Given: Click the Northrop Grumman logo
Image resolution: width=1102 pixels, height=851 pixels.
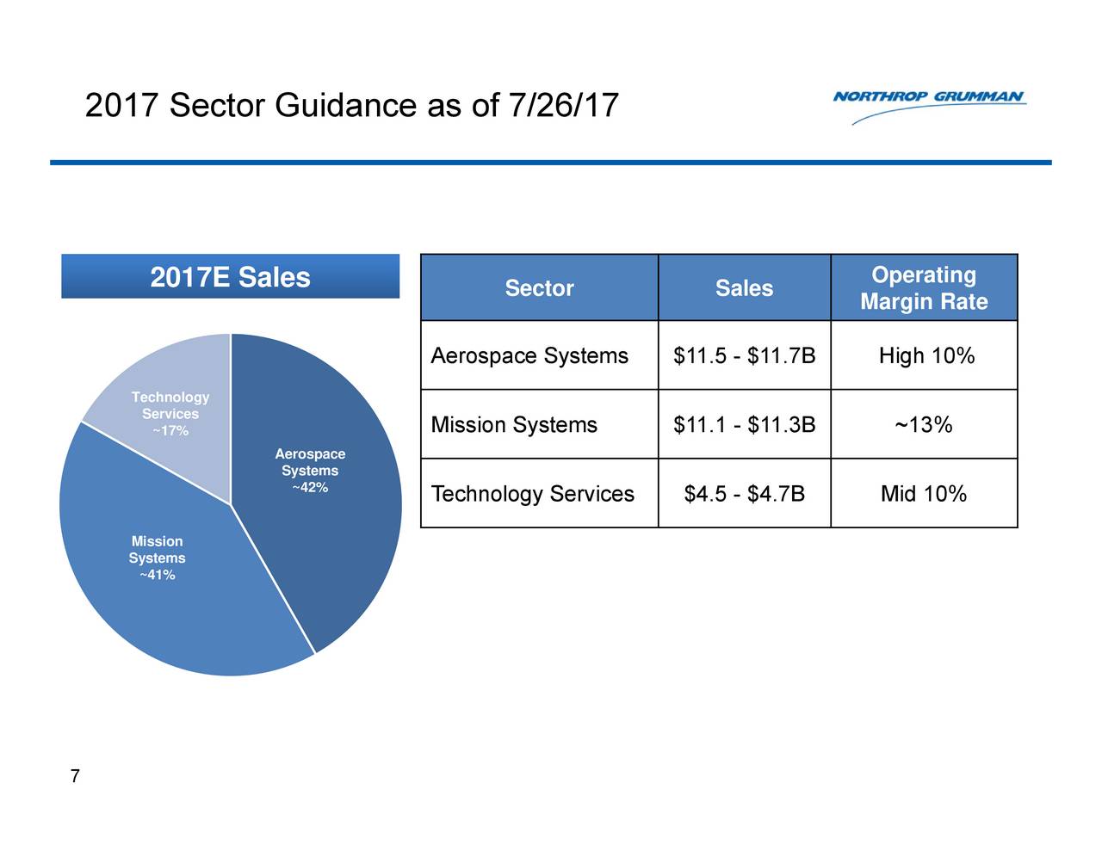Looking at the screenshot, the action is click(x=929, y=107).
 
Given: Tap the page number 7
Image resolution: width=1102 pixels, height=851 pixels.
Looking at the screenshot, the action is click(x=75, y=775).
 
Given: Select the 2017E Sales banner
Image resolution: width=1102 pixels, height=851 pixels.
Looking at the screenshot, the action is click(x=230, y=276).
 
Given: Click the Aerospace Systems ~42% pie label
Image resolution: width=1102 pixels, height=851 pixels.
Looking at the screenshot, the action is click(x=310, y=471).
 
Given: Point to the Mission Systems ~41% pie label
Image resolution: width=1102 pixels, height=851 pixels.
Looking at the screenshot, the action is click(x=158, y=558).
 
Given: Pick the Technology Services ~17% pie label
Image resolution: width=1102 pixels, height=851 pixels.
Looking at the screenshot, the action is click(x=170, y=414).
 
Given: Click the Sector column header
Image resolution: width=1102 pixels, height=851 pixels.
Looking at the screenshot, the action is click(x=539, y=288).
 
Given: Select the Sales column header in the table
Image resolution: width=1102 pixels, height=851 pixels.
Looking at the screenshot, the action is click(x=744, y=288).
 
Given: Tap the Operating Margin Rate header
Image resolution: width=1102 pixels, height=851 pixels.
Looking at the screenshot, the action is click(x=924, y=288).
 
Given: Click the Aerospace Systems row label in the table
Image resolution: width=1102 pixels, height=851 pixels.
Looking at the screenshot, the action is click(x=529, y=355).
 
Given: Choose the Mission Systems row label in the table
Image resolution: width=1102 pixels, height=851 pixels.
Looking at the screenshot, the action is click(x=514, y=425).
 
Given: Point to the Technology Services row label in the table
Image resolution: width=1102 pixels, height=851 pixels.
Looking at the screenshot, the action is click(x=532, y=494).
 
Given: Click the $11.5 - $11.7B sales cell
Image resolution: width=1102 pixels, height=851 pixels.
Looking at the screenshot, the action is click(x=745, y=355).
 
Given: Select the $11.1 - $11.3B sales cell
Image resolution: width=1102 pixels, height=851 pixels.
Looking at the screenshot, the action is click(x=745, y=425).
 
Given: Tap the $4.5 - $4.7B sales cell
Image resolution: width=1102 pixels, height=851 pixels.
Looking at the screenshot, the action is click(x=745, y=494).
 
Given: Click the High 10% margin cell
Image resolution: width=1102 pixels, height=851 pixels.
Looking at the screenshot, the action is click(x=926, y=355).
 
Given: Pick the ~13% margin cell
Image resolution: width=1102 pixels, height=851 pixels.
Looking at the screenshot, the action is click(x=924, y=425).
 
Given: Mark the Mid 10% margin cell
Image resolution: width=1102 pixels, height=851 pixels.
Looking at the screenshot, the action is click(x=924, y=494).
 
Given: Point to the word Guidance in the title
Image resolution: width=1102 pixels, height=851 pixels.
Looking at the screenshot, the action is click(x=346, y=105).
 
